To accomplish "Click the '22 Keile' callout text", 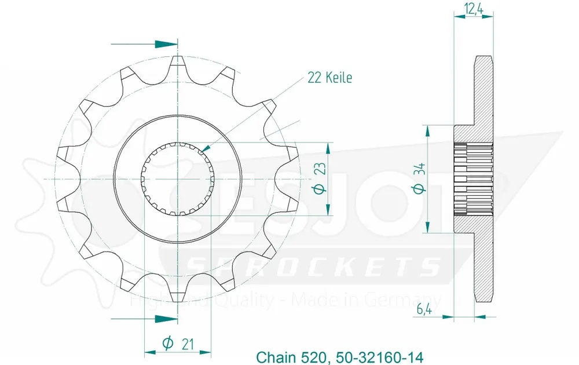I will [x=329, y=78].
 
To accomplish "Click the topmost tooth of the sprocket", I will [x=178, y=61].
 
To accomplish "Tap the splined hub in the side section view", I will [x=473, y=178].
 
